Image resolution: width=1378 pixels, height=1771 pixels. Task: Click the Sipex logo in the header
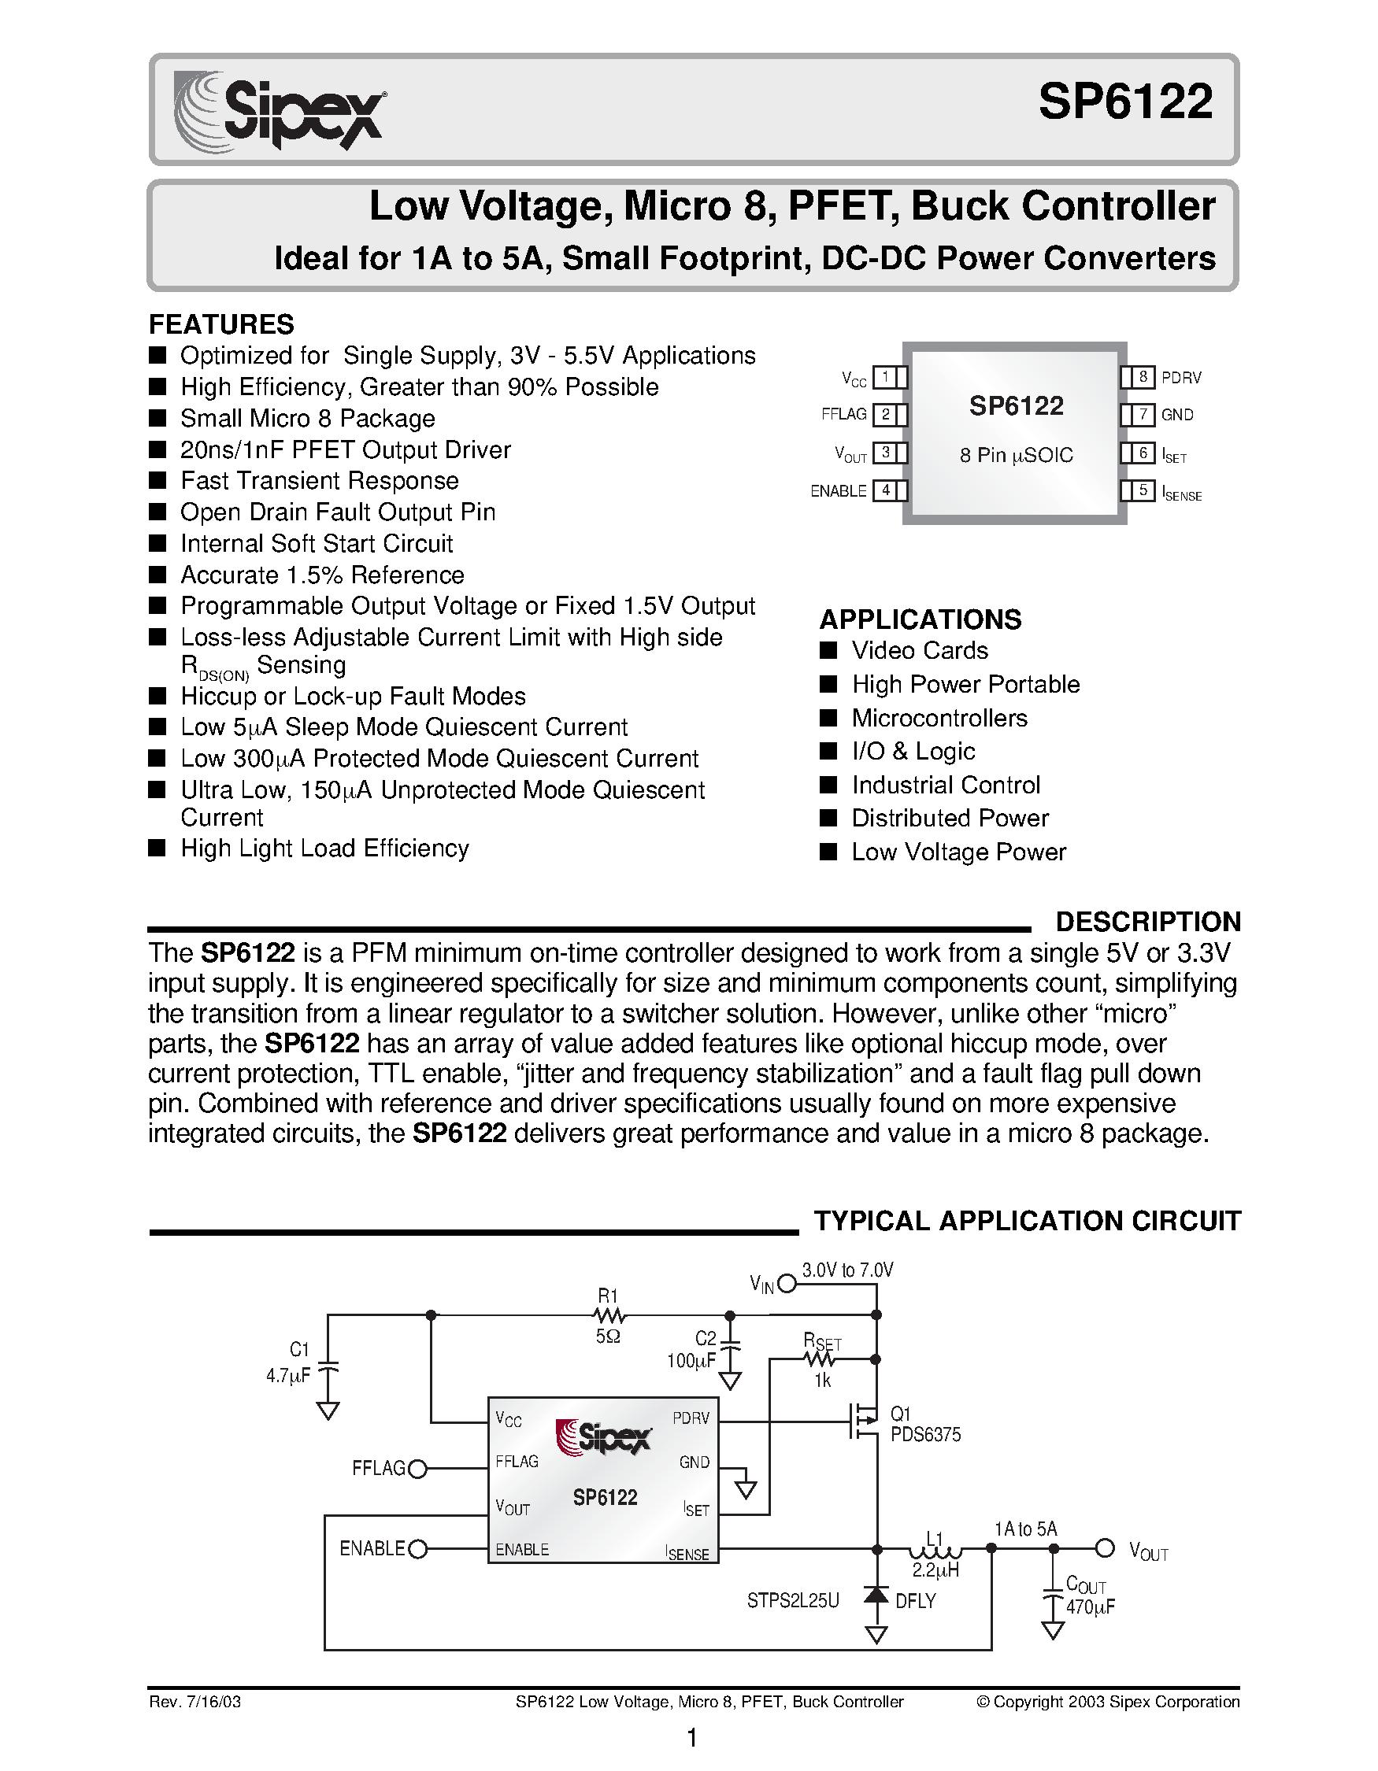tap(280, 109)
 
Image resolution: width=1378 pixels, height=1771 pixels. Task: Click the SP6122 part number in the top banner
tap(1125, 103)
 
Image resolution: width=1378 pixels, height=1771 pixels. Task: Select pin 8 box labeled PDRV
tap(1142, 377)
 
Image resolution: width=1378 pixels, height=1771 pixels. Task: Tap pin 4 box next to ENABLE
tap(886, 490)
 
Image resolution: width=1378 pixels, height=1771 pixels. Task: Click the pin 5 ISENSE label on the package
tap(1182, 493)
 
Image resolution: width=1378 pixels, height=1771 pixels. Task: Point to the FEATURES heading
tap(220, 324)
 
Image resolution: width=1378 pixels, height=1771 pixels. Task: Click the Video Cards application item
tap(919, 650)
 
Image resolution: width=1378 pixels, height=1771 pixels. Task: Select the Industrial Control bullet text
tap(945, 785)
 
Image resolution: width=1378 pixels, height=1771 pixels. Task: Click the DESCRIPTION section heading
tap(1147, 922)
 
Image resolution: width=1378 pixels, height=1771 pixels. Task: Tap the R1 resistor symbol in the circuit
tap(609, 1314)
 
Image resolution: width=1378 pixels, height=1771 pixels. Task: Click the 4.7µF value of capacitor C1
tap(288, 1376)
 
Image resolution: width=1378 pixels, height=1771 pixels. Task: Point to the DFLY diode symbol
tap(876, 1595)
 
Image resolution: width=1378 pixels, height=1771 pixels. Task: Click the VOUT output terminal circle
tap(1105, 1548)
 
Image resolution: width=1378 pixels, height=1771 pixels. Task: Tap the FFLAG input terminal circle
tap(417, 1469)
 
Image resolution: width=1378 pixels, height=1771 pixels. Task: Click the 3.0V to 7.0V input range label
tap(847, 1270)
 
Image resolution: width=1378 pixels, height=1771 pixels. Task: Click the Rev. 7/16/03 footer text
tap(194, 1702)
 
